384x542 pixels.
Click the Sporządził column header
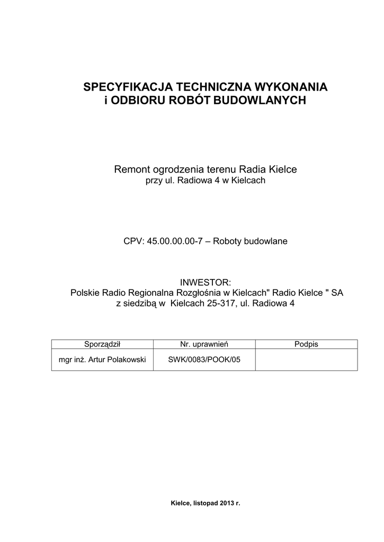pyautogui.click(x=103, y=345)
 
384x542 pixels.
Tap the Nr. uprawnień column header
pyautogui.click(x=204, y=345)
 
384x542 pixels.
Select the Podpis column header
pyautogui.click(x=306, y=345)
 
